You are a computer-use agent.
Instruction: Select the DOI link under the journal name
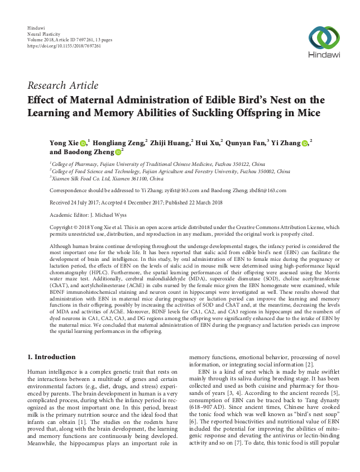(x=64, y=46)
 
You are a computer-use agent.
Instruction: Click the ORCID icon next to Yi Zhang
(x=305, y=144)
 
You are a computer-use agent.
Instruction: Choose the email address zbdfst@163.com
(x=267, y=190)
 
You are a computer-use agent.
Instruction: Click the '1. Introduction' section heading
(x=51, y=356)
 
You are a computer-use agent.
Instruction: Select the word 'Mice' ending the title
(x=308, y=113)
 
